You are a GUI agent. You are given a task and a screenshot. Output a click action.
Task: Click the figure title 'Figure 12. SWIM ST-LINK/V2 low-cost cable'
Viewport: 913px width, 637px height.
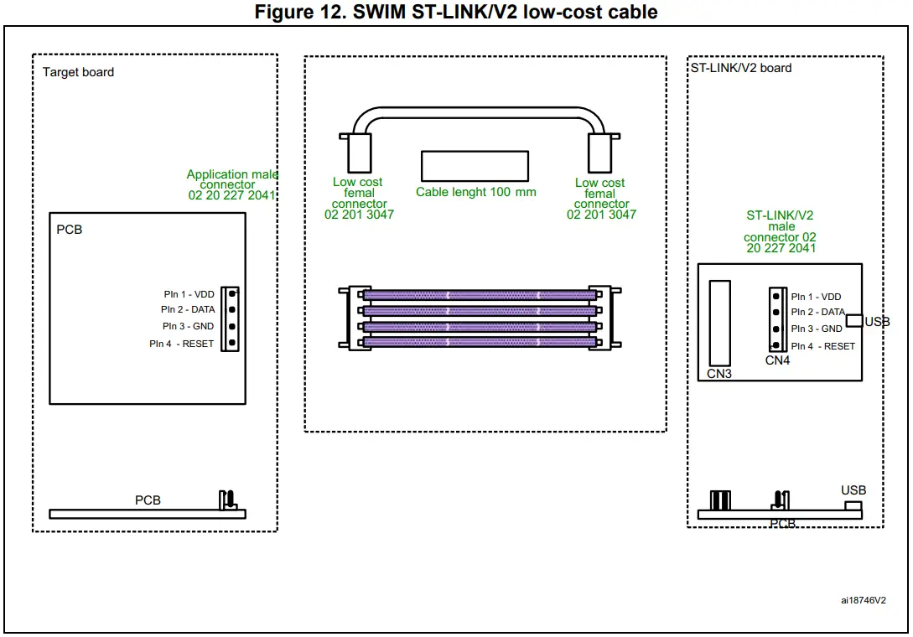tap(456, 12)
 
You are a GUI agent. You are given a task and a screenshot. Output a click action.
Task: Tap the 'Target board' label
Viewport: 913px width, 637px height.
tap(78, 72)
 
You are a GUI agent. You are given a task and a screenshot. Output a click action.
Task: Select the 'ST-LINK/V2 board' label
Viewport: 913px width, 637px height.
tap(740, 68)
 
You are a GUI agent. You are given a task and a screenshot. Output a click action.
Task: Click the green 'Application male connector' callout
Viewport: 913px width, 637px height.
tap(232, 184)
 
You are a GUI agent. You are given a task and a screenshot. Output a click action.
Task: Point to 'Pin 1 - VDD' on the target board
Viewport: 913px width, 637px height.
tap(189, 294)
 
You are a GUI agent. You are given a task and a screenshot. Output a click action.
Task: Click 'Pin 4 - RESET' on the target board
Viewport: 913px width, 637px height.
tap(181, 344)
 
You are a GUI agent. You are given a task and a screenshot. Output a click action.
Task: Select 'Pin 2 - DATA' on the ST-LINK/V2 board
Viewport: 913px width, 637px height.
tap(818, 313)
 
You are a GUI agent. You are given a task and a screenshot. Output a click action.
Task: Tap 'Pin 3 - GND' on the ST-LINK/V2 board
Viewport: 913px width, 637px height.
tap(817, 329)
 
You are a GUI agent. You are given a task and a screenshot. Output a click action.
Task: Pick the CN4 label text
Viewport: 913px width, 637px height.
tap(777, 361)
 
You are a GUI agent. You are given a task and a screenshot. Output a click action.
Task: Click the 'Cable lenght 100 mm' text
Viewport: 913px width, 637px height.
tap(475, 192)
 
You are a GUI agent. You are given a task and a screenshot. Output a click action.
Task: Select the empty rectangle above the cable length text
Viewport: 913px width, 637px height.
tap(475, 166)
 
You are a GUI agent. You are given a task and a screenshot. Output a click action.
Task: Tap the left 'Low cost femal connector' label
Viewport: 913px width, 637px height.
tap(359, 198)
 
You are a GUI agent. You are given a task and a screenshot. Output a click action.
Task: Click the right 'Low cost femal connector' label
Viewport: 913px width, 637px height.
tap(601, 198)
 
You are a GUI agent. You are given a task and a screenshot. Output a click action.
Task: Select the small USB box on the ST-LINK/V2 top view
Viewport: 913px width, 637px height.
tap(853, 321)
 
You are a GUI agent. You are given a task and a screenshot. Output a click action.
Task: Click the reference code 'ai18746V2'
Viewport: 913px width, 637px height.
tap(864, 600)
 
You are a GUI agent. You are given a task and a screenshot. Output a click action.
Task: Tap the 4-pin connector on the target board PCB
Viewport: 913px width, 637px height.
tap(230, 318)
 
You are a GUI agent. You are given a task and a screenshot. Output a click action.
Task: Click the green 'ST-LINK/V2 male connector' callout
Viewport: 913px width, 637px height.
tap(780, 231)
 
